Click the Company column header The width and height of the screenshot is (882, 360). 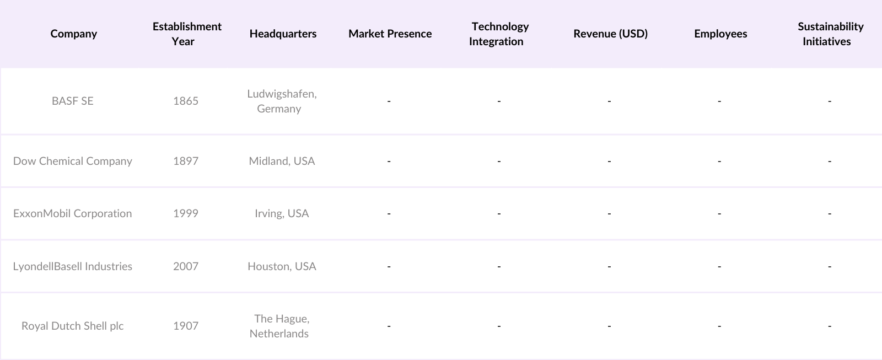pyautogui.click(x=73, y=34)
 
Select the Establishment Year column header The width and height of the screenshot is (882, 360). pyautogui.click(x=187, y=34)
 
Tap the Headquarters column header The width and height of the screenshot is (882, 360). pyautogui.click(x=283, y=34)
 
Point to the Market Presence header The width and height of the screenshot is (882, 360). pyautogui.click(x=390, y=34)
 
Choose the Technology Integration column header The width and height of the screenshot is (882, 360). pyautogui.click(x=499, y=34)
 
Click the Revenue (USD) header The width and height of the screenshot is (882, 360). pyautogui.click(x=610, y=34)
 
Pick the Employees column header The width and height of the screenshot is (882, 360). pyautogui.click(x=720, y=34)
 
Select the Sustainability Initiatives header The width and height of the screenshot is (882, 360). pyautogui.click(x=830, y=34)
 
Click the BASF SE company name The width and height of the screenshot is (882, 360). pyautogui.click(x=73, y=101)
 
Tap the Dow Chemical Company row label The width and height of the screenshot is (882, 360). pyautogui.click(x=73, y=161)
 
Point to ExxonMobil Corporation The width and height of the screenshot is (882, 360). pyautogui.click(x=73, y=213)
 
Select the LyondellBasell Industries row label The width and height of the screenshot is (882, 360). pyautogui.click(x=73, y=266)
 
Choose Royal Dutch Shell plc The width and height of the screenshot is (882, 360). pyautogui.click(x=73, y=326)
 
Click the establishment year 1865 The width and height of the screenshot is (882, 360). pyautogui.click(x=186, y=101)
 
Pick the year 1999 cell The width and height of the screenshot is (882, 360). pyautogui.click(x=186, y=213)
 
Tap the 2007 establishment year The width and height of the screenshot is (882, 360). pyautogui.click(x=186, y=266)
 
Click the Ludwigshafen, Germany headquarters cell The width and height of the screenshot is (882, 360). pyautogui.click(x=281, y=101)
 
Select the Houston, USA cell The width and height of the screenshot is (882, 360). pyautogui.click(x=282, y=266)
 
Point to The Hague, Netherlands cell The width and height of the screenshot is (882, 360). pyautogui.click(x=280, y=326)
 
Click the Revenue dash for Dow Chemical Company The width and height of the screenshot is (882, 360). pyautogui.click(x=609, y=161)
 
